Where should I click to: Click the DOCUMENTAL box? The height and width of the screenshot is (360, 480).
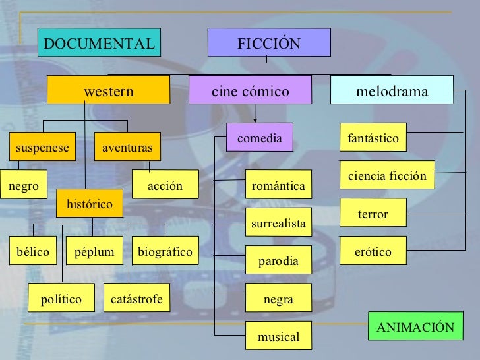click(x=99, y=44)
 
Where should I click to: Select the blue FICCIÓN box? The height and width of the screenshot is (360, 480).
click(x=268, y=44)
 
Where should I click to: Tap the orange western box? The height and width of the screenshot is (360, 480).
click(x=107, y=91)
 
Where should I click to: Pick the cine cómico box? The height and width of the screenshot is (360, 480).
click(x=250, y=91)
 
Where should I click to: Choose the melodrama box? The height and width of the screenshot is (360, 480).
click(x=392, y=91)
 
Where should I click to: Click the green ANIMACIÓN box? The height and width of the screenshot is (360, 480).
click(x=415, y=328)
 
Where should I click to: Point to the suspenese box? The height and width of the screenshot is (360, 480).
click(x=42, y=148)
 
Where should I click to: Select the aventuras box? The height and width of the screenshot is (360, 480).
click(x=127, y=148)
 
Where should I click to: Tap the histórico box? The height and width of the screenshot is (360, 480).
click(x=89, y=205)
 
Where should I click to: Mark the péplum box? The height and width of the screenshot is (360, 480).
click(x=94, y=252)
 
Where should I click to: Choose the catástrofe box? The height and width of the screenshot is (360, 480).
click(x=136, y=299)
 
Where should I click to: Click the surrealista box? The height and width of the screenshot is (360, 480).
click(x=278, y=224)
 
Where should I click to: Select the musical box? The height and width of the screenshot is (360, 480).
click(x=278, y=337)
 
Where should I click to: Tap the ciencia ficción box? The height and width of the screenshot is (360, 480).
click(x=387, y=176)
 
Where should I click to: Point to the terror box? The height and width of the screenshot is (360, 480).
click(x=373, y=214)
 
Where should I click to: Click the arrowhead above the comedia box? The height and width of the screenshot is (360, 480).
click(x=255, y=119)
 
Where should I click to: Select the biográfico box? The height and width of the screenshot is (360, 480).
click(x=165, y=252)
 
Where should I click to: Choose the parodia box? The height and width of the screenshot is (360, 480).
click(x=278, y=261)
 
